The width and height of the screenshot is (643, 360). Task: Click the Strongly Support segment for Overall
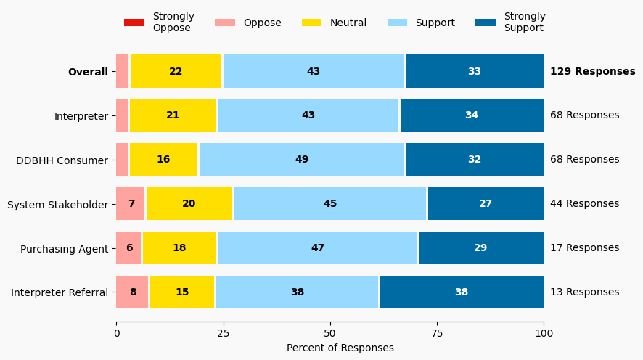click(x=474, y=71)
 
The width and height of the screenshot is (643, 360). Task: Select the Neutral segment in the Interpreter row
click(x=173, y=115)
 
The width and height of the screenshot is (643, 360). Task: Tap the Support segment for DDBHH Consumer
click(x=302, y=160)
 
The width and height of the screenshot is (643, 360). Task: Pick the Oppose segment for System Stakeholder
click(x=131, y=204)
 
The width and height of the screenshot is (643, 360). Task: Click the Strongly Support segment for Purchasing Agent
click(x=480, y=248)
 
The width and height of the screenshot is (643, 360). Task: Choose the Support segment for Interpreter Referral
click(x=297, y=292)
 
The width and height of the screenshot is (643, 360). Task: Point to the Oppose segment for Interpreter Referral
click(x=133, y=292)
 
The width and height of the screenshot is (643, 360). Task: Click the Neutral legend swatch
click(x=312, y=22)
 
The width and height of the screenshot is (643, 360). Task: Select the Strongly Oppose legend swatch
click(x=134, y=22)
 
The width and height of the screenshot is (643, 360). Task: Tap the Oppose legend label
click(x=262, y=22)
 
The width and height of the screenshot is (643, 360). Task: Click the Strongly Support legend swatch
click(x=486, y=22)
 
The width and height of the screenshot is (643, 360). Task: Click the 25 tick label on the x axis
click(x=223, y=334)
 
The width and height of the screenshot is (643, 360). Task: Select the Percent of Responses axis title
click(x=340, y=348)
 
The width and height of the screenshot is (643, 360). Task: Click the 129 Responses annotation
click(x=592, y=72)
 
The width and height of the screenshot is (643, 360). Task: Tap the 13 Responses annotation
click(x=584, y=292)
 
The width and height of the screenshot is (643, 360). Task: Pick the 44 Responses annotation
click(x=584, y=204)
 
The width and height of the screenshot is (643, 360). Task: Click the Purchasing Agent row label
click(x=64, y=249)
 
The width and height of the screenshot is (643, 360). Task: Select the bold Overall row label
click(x=88, y=72)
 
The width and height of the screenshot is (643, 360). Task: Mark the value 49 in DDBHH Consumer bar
click(x=302, y=160)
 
